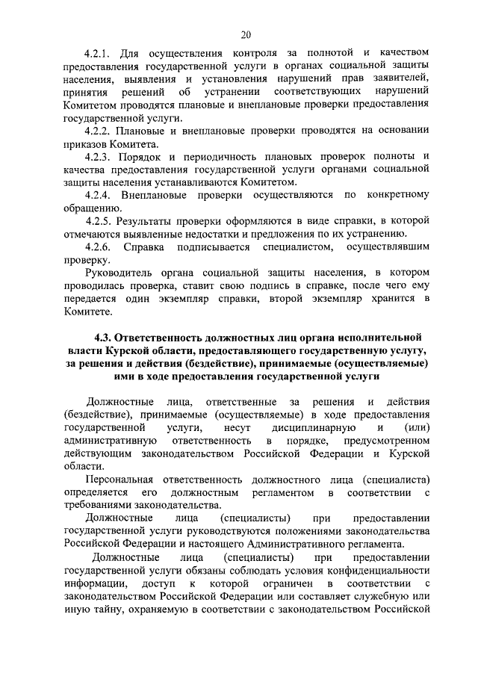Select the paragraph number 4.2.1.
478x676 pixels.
98,53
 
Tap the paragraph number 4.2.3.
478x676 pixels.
98,155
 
